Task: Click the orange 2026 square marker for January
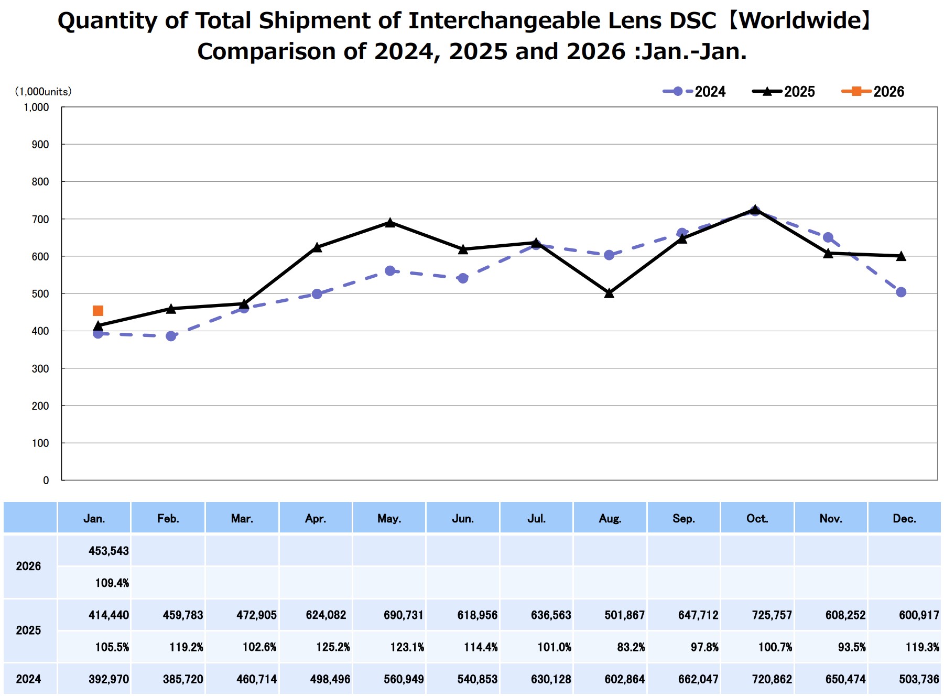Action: click(x=98, y=311)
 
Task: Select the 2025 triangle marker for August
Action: click(x=609, y=293)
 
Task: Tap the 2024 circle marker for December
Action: click(x=901, y=292)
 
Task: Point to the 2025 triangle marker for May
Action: click(x=390, y=223)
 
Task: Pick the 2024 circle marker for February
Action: click(x=171, y=336)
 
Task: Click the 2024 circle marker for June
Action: click(x=463, y=278)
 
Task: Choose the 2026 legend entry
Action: click(x=873, y=92)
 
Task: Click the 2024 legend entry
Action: click(x=695, y=92)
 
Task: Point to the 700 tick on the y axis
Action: click(x=40, y=219)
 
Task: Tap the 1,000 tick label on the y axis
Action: click(x=36, y=107)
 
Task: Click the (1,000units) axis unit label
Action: click(x=43, y=92)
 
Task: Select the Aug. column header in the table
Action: click(x=610, y=518)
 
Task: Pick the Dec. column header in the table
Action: click(x=904, y=518)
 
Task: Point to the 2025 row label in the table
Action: click(x=28, y=630)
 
